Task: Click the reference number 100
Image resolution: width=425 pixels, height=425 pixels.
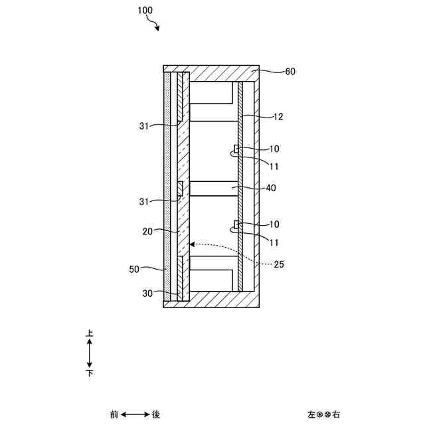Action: click(145, 11)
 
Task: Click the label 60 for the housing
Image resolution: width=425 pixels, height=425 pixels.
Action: click(290, 72)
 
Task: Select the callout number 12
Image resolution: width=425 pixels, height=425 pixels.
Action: click(278, 117)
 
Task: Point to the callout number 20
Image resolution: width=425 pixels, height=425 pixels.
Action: click(148, 232)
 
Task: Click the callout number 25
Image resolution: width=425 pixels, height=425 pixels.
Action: click(278, 264)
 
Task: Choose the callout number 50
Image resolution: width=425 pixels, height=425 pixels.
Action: click(135, 270)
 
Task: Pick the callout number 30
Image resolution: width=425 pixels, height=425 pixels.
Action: click(148, 292)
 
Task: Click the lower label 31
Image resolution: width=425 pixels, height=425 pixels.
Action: click(145, 202)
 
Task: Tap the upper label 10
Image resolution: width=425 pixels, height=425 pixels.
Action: click(274, 149)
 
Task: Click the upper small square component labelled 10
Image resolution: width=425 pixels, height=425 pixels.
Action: click(236, 147)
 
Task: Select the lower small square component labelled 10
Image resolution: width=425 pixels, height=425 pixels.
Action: click(236, 224)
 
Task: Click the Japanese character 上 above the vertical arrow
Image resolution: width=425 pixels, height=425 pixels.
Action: click(90, 335)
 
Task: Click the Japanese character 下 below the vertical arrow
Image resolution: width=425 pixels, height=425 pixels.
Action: click(90, 374)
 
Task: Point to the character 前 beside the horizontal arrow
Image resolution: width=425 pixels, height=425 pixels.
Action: click(114, 414)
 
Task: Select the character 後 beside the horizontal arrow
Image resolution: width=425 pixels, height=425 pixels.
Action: click(156, 414)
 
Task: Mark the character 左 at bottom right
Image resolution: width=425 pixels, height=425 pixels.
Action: click(311, 414)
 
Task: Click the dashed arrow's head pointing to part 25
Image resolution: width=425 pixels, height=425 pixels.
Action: click(192, 244)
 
